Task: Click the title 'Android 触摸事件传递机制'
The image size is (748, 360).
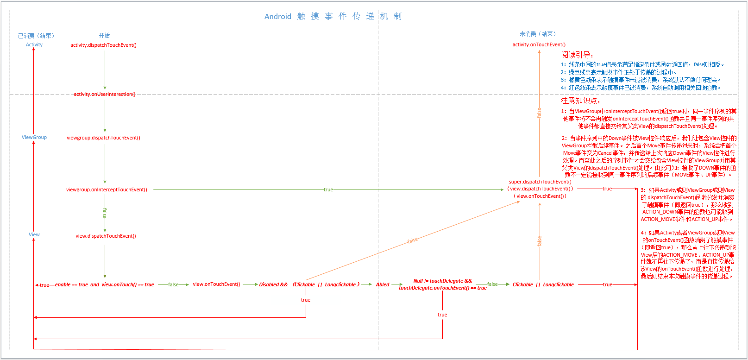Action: pyautogui.click(x=333, y=16)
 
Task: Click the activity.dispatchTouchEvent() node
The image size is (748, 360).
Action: pyautogui.click(x=103, y=45)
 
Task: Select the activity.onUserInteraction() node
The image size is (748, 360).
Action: pyautogui.click(x=105, y=94)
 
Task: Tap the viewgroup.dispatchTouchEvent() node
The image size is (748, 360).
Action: pyautogui.click(x=103, y=138)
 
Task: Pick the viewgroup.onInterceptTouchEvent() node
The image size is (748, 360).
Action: pyautogui.click(x=107, y=189)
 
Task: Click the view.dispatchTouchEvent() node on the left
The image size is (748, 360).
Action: pyautogui.click(x=106, y=236)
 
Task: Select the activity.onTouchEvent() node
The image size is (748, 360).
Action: pyautogui.click(x=539, y=44)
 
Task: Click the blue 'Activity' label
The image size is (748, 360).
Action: pyautogui.click(x=34, y=44)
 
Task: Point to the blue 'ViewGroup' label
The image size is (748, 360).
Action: pyautogui.click(x=34, y=137)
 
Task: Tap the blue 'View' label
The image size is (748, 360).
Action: pyautogui.click(x=34, y=234)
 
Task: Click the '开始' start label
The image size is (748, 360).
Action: pyautogui.click(x=104, y=35)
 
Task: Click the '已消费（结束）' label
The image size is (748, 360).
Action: pyautogui.click(x=36, y=36)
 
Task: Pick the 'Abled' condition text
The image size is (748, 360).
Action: pyautogui.click(x=383, y=284)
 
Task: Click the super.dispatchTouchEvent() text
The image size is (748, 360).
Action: pyautogui.click(x=540, y=182)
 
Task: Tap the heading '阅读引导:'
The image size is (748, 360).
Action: pyautogui.click(x=577, y=55)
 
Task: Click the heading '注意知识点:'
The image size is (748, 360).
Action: pyautogui.click(x=580, y=101)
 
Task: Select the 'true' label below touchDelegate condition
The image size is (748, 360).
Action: pyautogui.click(x=442, y=315)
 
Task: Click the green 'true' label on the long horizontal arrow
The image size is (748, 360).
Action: pyautogui.click(x=328, y=189)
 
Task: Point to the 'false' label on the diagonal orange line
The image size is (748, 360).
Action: pyautogui.click(x=412, y=240)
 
